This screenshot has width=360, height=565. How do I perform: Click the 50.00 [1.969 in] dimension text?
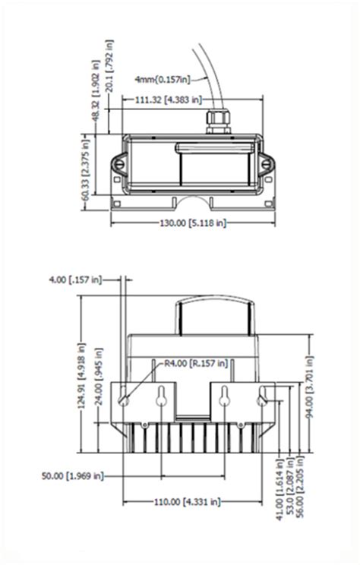pyautogui.click(x=73, y=476)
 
